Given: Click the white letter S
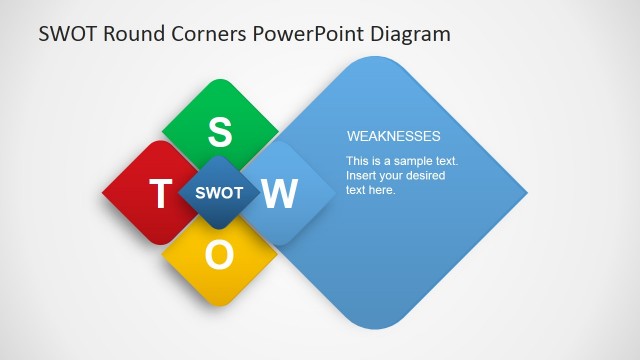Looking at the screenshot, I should click(x=220, y=131).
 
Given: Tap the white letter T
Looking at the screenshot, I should click(x=159, y=194).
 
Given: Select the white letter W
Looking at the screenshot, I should click(x=281, y=193).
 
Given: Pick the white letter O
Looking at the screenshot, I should click(x=220, y=256).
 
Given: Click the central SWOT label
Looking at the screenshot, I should click(x=219, y=193).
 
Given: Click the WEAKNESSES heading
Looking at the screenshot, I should click(x=393, y=136).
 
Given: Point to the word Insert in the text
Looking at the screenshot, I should click(x=362, y=176).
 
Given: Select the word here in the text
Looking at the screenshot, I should click(x=384, y=190).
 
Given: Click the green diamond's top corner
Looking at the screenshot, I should click(x=220, y=80).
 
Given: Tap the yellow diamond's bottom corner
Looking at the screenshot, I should click(x=220, y=305).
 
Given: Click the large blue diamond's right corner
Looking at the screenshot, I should click(x=526, y=193).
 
